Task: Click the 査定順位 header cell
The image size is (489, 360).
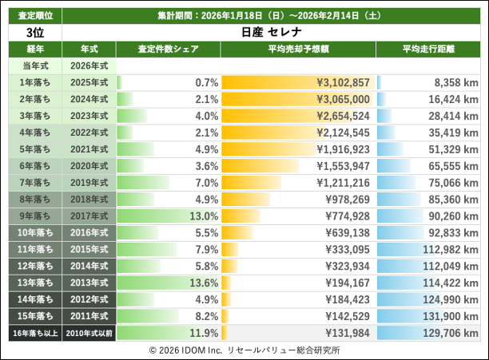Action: point(34,15)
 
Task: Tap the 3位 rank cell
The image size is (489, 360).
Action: point(34,33)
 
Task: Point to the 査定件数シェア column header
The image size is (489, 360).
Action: point(168,49)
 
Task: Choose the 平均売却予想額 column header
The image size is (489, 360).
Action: point(297,49)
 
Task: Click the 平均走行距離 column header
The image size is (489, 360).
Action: point(428,49)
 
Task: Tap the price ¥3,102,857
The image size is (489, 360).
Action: point(343,82)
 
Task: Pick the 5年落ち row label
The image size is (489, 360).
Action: point(34,149)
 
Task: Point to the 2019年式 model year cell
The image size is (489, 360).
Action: point(89,183)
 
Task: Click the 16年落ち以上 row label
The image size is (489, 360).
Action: point(34,333)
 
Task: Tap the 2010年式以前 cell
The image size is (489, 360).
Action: point(89,333)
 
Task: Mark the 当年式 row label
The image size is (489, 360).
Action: point(34,65)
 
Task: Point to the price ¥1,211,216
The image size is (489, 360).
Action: point(343,183)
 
